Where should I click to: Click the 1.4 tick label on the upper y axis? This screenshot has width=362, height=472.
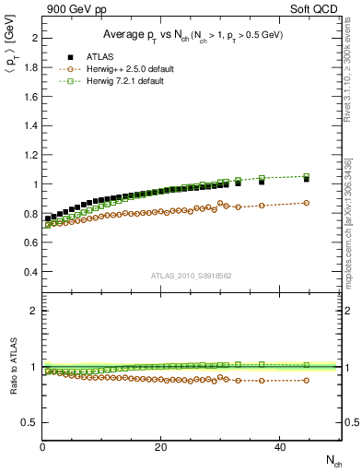[29, 125]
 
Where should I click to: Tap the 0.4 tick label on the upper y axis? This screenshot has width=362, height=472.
[29, 272]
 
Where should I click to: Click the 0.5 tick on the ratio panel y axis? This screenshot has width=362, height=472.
[29, 422]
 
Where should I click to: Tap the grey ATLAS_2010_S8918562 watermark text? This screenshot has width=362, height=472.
[191, 275]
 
